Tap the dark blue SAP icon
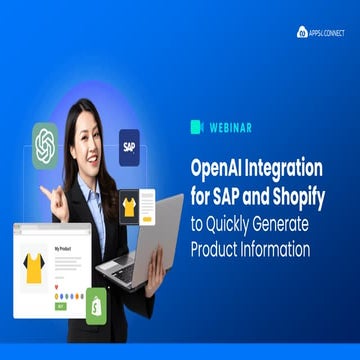pos(129,147)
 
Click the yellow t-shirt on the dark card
pos(128,207)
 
